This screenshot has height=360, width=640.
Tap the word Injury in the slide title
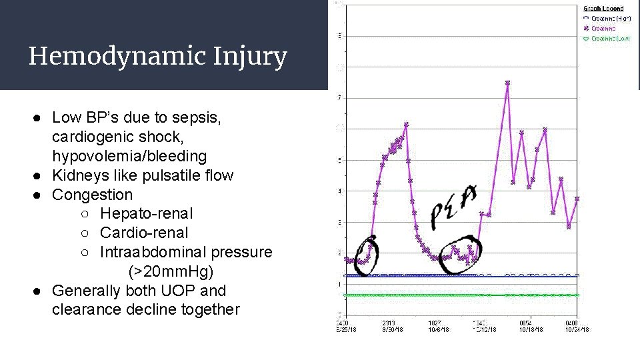pos(251,57)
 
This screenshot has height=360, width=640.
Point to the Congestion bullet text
pos(92,195)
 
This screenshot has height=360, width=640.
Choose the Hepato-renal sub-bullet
pos(146,214)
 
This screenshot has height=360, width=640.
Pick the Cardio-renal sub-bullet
pos(144,233)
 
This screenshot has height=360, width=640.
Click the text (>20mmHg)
pos(171,271)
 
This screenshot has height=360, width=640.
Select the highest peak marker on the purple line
pos(507,83)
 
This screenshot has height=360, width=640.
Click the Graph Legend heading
pos(603,9)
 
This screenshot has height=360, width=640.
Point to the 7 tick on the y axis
pos(339,98)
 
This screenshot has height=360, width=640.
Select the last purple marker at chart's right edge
pos(577,199)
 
